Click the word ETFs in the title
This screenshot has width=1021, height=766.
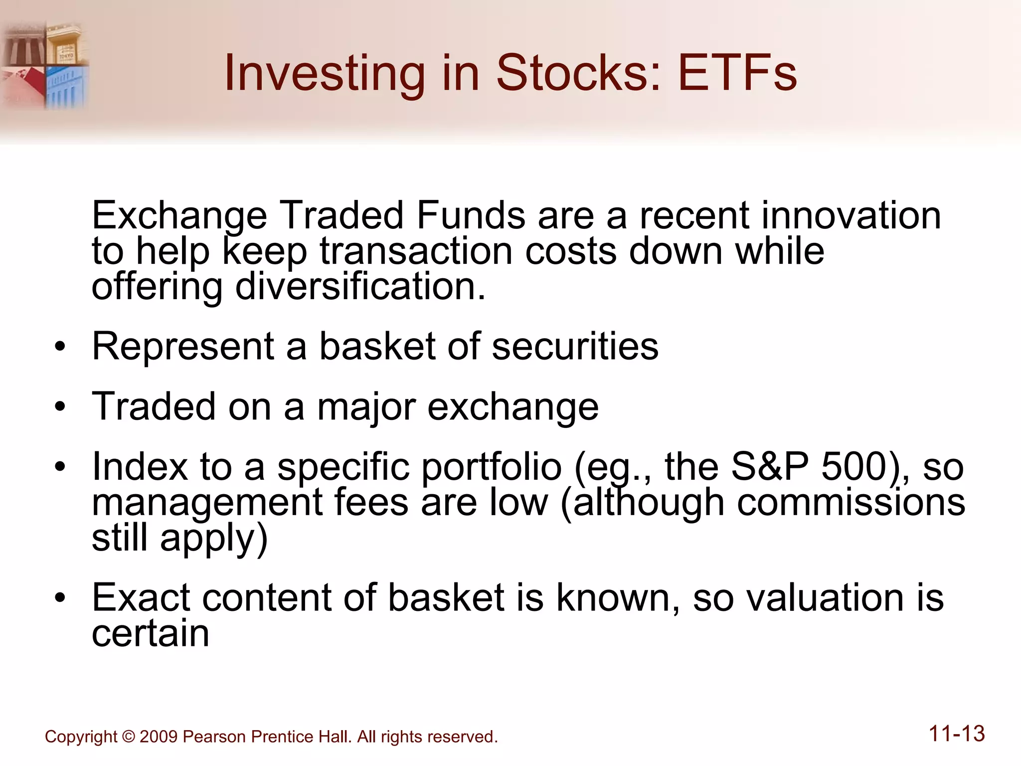737,73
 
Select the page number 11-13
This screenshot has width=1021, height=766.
957,734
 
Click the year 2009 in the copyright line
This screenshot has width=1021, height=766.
158,737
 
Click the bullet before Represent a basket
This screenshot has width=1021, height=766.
60,347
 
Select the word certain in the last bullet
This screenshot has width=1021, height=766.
150,634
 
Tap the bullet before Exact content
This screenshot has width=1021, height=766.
60,598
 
